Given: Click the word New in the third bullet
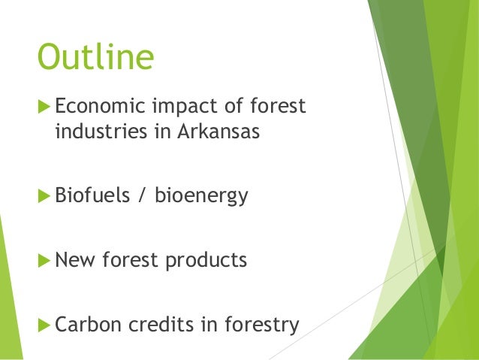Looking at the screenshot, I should tap(74, 261).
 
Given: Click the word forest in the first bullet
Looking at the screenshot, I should tap(277, 107).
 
